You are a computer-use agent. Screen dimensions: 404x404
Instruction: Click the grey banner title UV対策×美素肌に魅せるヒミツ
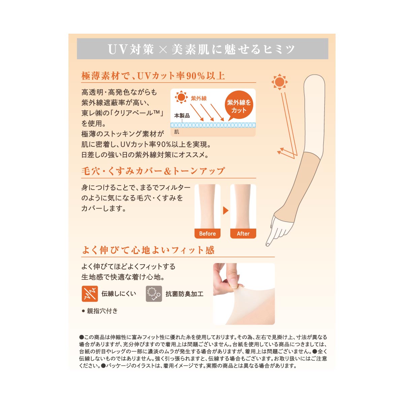point(201,49)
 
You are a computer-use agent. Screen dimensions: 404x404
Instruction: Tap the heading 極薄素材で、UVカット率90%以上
point(153,76)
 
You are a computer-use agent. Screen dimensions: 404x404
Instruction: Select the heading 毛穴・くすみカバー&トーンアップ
point(153,171)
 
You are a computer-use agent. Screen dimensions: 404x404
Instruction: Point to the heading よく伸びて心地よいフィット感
point(148,250)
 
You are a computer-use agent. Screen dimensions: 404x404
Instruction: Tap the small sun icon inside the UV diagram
point(181,97)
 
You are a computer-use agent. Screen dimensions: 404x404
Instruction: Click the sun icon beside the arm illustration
point(279,82)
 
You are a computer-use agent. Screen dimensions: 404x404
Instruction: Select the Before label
point(207,233)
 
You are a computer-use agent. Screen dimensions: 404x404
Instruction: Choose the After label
point(243,233)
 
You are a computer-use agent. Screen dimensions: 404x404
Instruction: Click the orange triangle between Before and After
point(225,210)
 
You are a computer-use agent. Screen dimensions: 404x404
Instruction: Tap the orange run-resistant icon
point(90,294)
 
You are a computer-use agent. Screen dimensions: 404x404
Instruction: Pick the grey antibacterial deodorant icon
point(154,294)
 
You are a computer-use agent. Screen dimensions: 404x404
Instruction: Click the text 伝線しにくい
point(119,294)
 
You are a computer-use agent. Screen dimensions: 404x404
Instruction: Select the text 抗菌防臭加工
point(184,294)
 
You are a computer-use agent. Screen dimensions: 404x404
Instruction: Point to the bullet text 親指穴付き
point(100,311)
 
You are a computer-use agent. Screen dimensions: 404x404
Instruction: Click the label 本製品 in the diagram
point(182,115)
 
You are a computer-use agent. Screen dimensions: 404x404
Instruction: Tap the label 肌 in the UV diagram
point(176,132)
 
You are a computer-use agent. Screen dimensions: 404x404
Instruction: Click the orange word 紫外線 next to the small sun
point(199,98)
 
